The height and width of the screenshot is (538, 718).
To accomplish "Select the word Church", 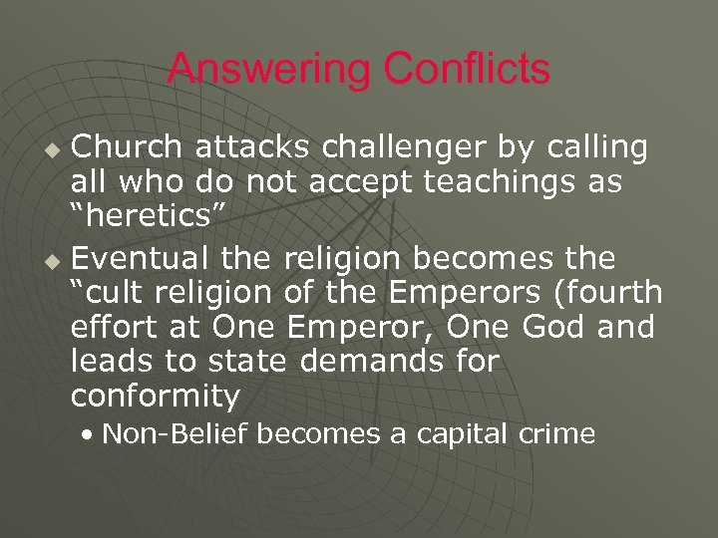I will pyautogui.click(x=127, y=147).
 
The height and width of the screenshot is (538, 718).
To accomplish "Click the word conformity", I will pyautogui.click(x=156, y=398).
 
